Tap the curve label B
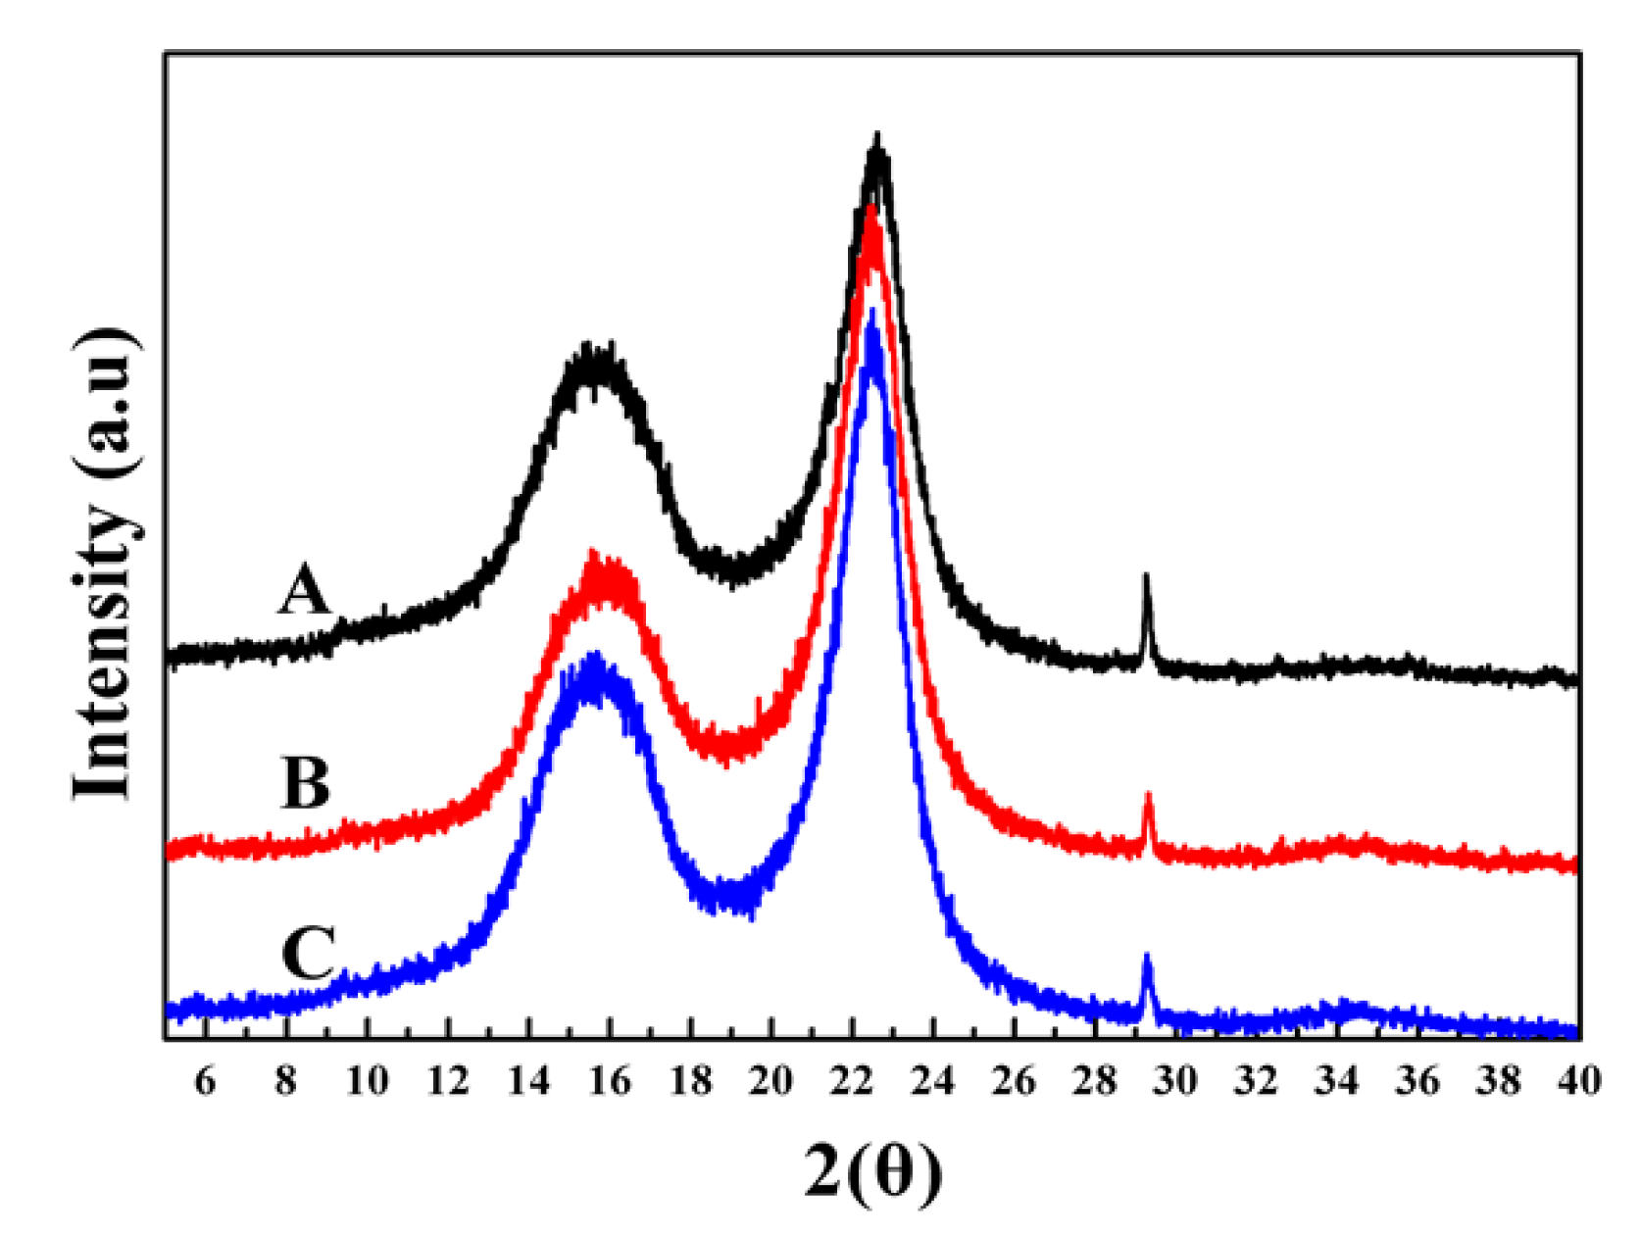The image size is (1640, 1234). [x=306, y=783]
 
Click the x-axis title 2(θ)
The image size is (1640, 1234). [x=872, y=1171]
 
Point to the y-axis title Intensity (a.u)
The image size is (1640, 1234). [x=105, y=563]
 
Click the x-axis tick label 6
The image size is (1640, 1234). [x=205, y=1081]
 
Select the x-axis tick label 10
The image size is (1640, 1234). [x=367, y=1081]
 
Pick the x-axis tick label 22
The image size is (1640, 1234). [x=852, y=1081]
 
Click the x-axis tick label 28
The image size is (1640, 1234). [x=1094, y=1081]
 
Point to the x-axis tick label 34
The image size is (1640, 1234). [x=1337, y=1081]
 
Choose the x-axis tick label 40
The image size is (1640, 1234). [x=1578, y=1081]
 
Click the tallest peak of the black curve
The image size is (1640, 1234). [x=877, y=137]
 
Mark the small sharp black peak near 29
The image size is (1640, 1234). [x=1146, y=576]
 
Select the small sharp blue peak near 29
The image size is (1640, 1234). [x=1146, y=956]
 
